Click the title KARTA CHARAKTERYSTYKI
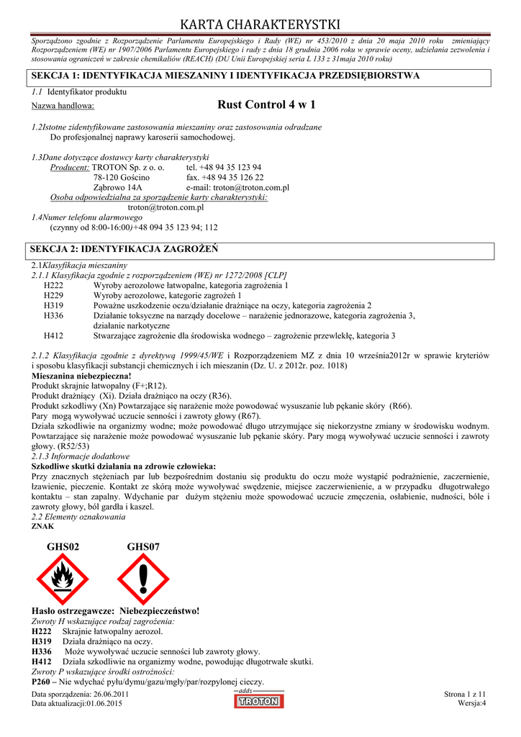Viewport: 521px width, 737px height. tap(260, 25)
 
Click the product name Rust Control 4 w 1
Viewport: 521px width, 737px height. tap(266, 105)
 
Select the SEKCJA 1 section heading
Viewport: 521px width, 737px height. tap(223, 76)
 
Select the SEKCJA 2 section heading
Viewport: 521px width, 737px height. tap(122, 249)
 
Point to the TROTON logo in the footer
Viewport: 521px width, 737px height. tap(258, 700)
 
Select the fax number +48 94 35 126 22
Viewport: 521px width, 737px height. tap(225, 177)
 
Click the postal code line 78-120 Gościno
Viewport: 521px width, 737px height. tap(122, 177)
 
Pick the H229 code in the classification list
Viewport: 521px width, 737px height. tap(53, 295)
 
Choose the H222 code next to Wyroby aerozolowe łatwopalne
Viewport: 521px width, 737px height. tap(53, 285)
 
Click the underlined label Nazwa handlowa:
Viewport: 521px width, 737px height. tap(63, 107)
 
